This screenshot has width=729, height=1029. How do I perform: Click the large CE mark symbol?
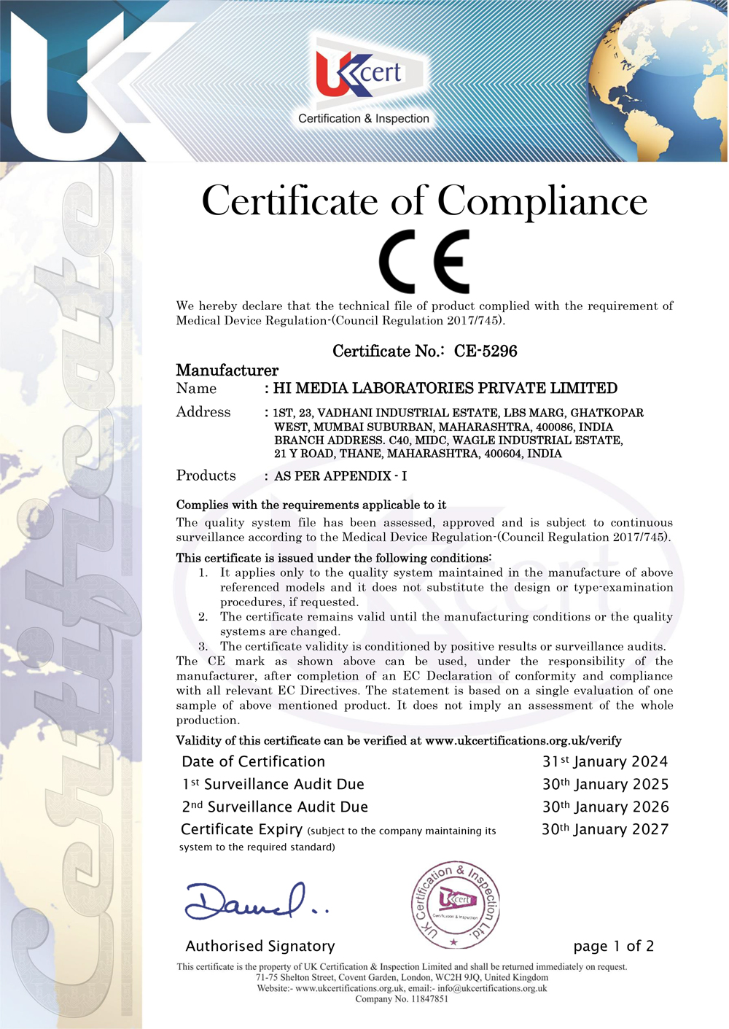(x=424, y=261)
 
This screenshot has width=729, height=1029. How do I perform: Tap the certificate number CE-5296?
(x=486, y=352)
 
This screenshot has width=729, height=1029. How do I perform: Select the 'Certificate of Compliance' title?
(x=424, y=201)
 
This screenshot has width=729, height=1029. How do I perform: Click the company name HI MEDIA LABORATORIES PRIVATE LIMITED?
(x=445, y=389)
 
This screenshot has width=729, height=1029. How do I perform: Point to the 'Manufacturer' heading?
(x=227, y=370)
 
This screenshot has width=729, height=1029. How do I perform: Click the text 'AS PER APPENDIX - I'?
(x=340, y=476)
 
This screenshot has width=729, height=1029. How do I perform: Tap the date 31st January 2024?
(x=605, y=762)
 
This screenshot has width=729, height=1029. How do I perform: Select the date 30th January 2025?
(x=605, y=785)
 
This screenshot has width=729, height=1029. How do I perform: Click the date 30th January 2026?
(x=605, y=807)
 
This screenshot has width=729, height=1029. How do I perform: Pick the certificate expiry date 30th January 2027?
(x=605, y=830)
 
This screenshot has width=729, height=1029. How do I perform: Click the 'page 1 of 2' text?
(x=614, y=947)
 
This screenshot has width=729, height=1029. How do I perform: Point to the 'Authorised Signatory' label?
(x=260, y=947)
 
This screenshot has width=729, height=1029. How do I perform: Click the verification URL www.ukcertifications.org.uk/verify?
(x=523, y=741)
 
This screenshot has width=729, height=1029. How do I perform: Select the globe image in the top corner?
(x=660, y=80)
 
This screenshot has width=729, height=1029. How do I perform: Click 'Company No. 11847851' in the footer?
(x=402, y=999)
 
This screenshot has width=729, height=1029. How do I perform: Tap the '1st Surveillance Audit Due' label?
(x=273, y=785)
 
